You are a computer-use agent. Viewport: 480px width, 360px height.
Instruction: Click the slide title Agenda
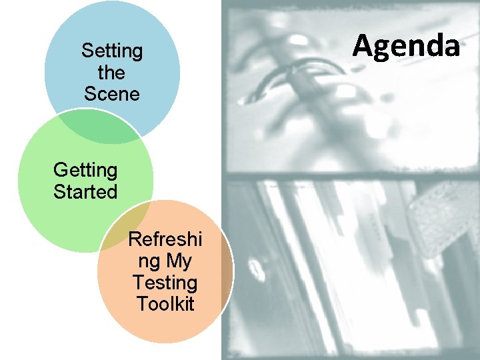coord(406,46)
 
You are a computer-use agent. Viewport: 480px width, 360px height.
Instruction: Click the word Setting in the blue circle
coord(112,51)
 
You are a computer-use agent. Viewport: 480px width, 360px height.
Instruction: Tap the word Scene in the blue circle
coord(112,94)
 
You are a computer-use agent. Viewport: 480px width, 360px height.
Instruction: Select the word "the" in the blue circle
coord(111,72)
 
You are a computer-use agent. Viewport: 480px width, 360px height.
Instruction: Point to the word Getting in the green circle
coord(85,171)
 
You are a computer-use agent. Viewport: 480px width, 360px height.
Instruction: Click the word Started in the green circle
coord(85,193)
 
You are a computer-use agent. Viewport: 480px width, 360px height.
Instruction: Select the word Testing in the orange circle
coord(165,283)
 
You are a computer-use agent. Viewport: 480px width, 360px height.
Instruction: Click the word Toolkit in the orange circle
coord(165,304)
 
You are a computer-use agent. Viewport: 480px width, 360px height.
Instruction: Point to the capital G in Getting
coord(60,171)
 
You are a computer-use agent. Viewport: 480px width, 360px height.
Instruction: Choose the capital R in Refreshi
coord(134,239)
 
